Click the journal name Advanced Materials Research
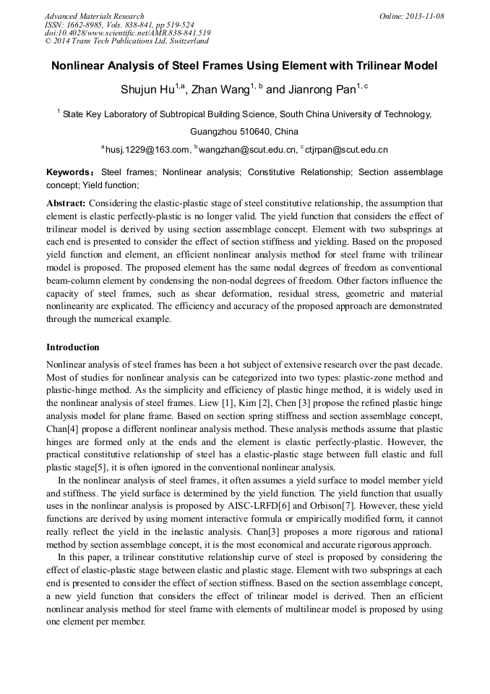[x=94, y=16]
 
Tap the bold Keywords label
[x=69, y=173]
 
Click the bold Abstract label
[x=66, y=204]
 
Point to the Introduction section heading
[x=73, y=347]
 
